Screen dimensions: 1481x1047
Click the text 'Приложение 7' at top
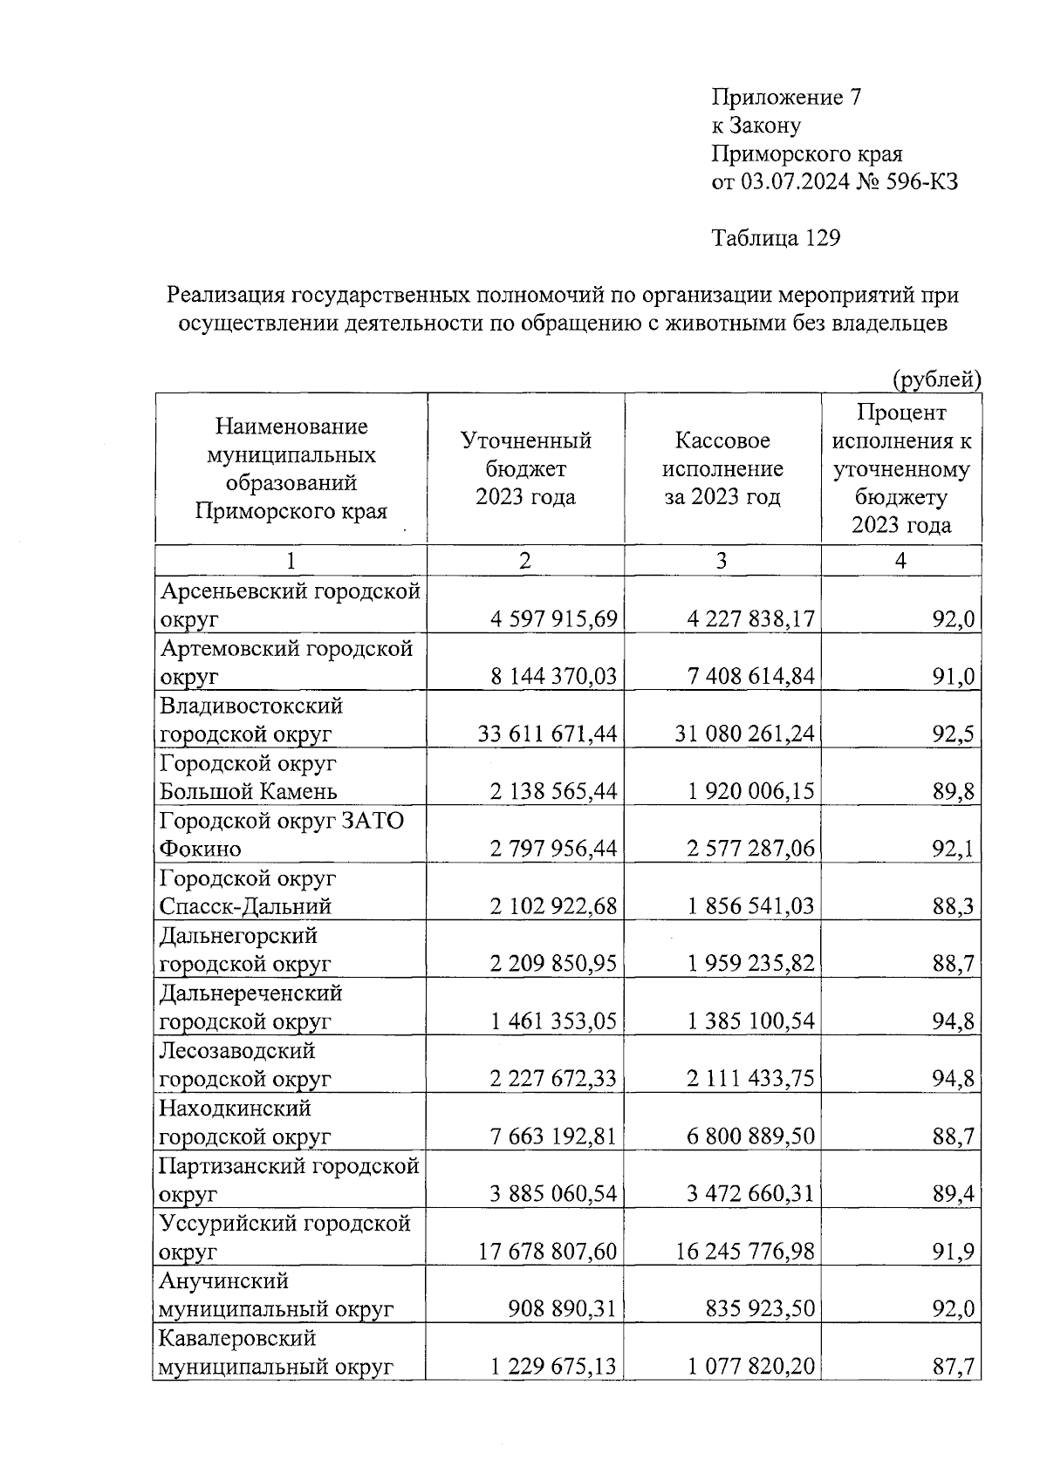click(787, 97)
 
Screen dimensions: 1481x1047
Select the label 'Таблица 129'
click(776, 238)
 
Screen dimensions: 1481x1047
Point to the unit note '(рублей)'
click(936, 379)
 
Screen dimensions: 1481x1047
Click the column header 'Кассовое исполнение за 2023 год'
click(722, 469)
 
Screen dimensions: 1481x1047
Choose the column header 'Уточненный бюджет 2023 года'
click(525, 469)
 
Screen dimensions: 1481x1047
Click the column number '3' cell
click(722, 561)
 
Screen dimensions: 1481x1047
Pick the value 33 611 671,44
click(547, 734)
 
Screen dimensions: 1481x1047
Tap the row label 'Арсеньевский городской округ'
click(290, 605)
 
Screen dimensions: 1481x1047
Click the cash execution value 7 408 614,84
click(750, 677)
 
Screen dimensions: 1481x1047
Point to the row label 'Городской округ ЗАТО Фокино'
click(281, 835)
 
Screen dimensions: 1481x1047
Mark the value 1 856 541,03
click(750, 907)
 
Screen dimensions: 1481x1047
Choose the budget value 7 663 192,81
click(553, 1137)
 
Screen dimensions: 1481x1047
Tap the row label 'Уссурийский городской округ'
click(284, 1238)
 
